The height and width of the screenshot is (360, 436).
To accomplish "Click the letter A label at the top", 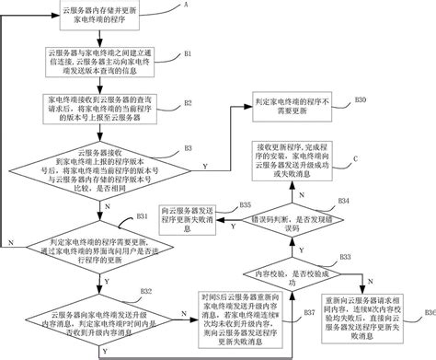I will (x=189, y=5).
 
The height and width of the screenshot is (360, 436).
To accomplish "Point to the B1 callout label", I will (x=188, y=54).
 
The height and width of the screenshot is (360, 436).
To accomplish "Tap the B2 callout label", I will (x=188, y=102).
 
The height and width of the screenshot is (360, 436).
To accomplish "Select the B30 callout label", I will (x=361, y=98).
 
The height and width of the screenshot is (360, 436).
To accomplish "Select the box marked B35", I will (x=196, y=216).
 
